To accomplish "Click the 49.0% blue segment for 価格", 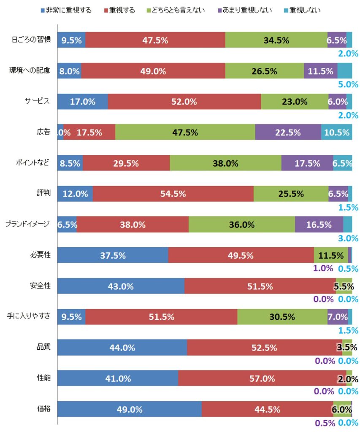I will [x=129, y=409].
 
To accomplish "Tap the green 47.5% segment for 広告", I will [x=185, y=132].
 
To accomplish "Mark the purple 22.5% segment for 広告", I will [x=288, y=132].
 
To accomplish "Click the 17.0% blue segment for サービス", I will [x=82, y=102].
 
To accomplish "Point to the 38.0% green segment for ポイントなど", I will [x=225, y=163].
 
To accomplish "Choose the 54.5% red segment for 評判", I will [x=173, y=194].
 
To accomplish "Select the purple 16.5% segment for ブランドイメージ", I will [x=319, y=224].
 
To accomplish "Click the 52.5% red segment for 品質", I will [x=264, y=348].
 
